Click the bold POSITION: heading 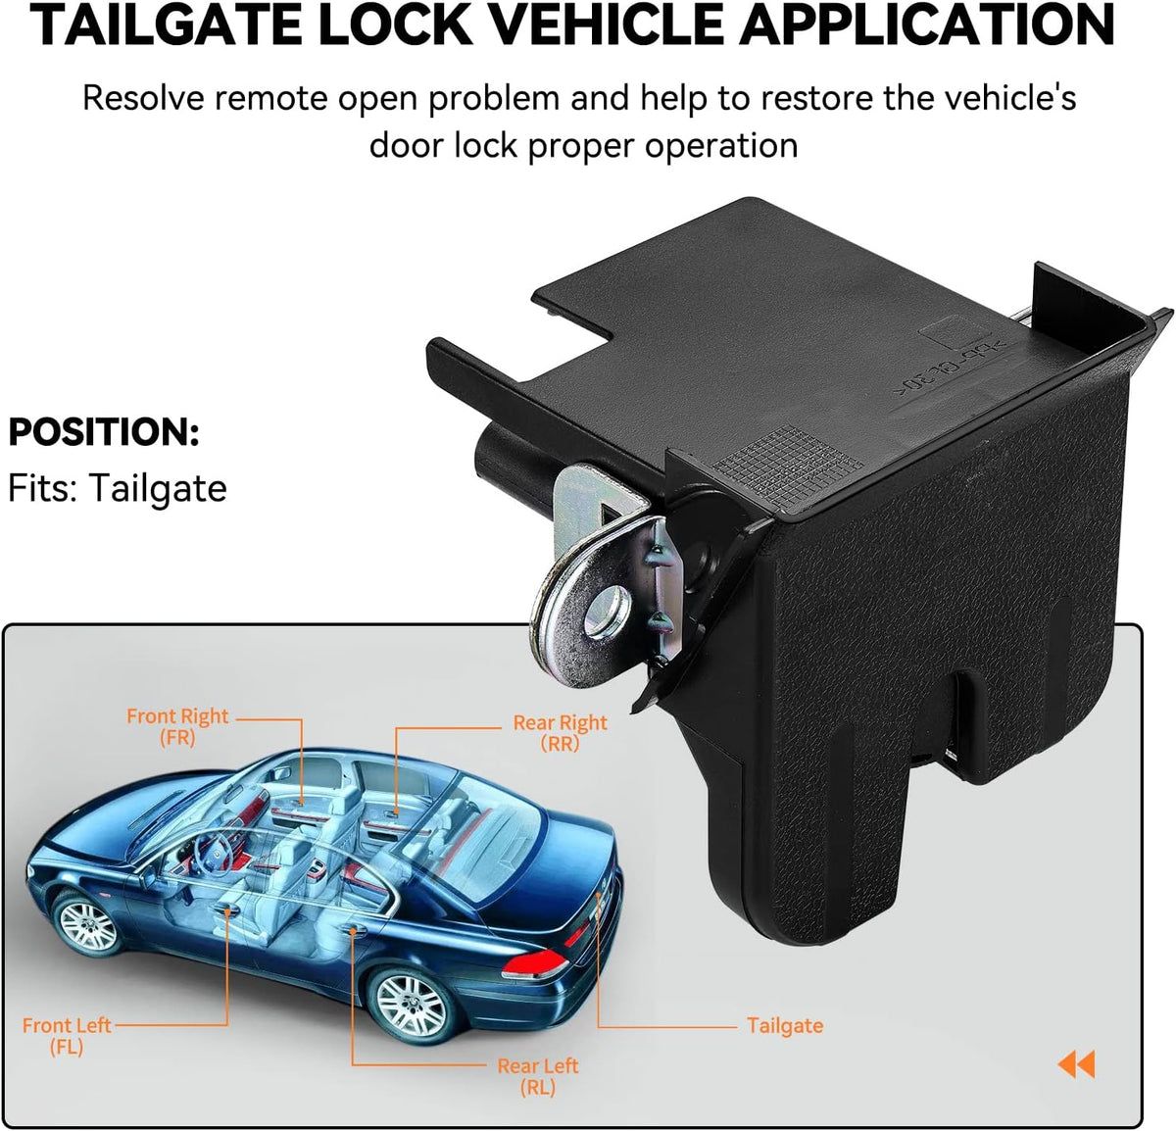104,432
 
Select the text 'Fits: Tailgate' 118,488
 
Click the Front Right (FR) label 177,726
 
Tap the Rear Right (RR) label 560,732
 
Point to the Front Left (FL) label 67,1035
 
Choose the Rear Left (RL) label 538,1075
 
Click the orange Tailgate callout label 785,1025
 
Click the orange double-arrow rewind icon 1076,1063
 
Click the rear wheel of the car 412,1001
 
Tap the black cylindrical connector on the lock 500,456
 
